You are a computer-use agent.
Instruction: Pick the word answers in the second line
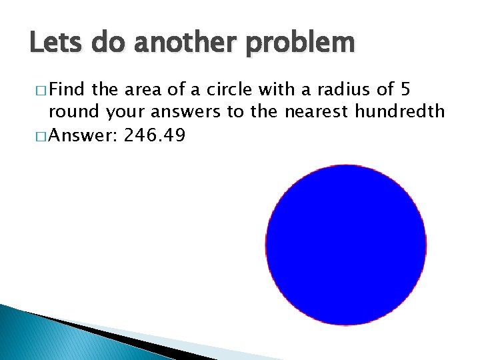[x=188, y=111]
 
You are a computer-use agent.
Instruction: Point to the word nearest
[x=317, y=111]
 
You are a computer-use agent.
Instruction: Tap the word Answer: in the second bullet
[x=83, y=136]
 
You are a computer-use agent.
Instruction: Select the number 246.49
[x=155, y=136]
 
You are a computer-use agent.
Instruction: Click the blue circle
[x=346, y=245]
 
